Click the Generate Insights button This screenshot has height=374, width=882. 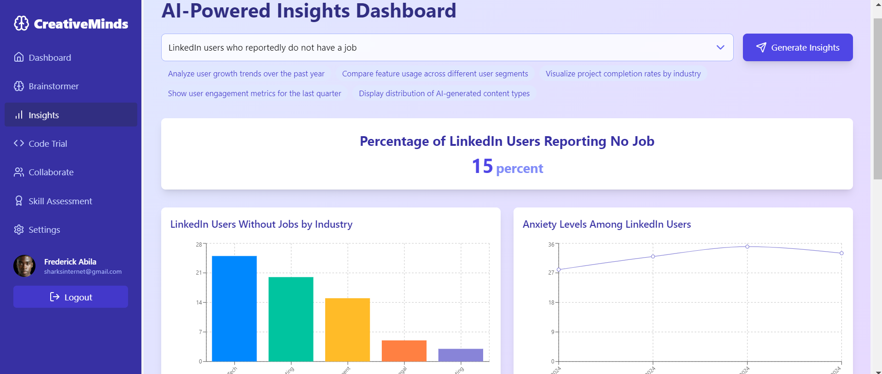coord(797,47)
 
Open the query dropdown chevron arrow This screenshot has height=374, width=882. coord(720,47)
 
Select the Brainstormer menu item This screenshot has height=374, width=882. coord(53,86)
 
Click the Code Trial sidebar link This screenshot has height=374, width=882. coord(47,144)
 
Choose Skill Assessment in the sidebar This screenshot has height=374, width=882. coord(60,201)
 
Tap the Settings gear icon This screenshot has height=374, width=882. coord(19,230)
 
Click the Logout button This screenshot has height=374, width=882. coord(70,297)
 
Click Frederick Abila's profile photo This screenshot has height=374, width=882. coord(24,266)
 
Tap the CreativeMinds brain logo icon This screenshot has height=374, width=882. coord(21,23)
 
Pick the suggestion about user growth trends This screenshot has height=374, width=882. coord(246,74)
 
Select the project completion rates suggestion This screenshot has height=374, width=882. coord(623,74)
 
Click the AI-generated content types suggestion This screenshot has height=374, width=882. coord(444,93)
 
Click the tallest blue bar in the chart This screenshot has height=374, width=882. coord(234,308)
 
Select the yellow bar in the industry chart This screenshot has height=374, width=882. coord(347,329)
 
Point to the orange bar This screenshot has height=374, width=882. coord(404,351)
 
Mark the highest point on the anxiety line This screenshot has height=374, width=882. coord(747,247)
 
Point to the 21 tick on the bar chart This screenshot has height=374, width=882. coord(199,273)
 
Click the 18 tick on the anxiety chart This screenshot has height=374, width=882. coord(551,302)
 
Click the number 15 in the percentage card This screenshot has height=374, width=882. coord(482,167)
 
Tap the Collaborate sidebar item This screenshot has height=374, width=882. coord(51,173)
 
